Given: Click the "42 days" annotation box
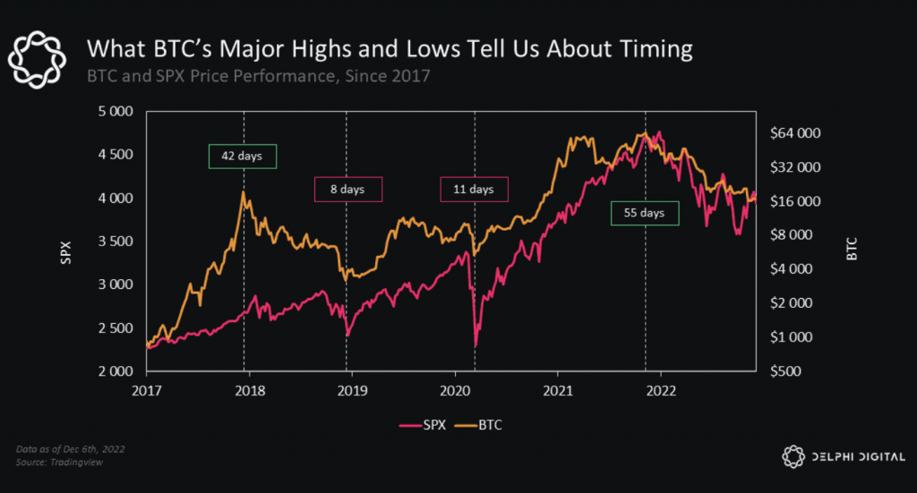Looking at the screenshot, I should (243, 157).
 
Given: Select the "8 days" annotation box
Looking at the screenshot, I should (348, 190).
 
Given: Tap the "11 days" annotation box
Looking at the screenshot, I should (474, 190).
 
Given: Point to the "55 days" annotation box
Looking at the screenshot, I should (645, 213).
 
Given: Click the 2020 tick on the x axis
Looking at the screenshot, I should (454, 390).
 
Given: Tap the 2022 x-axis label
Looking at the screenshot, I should (661, 390).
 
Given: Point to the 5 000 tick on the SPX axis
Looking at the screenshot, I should (116, 112).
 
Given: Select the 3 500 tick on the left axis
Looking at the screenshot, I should (116, 242).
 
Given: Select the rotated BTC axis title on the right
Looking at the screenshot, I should (852, 253).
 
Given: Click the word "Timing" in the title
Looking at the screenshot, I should (648, 49).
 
